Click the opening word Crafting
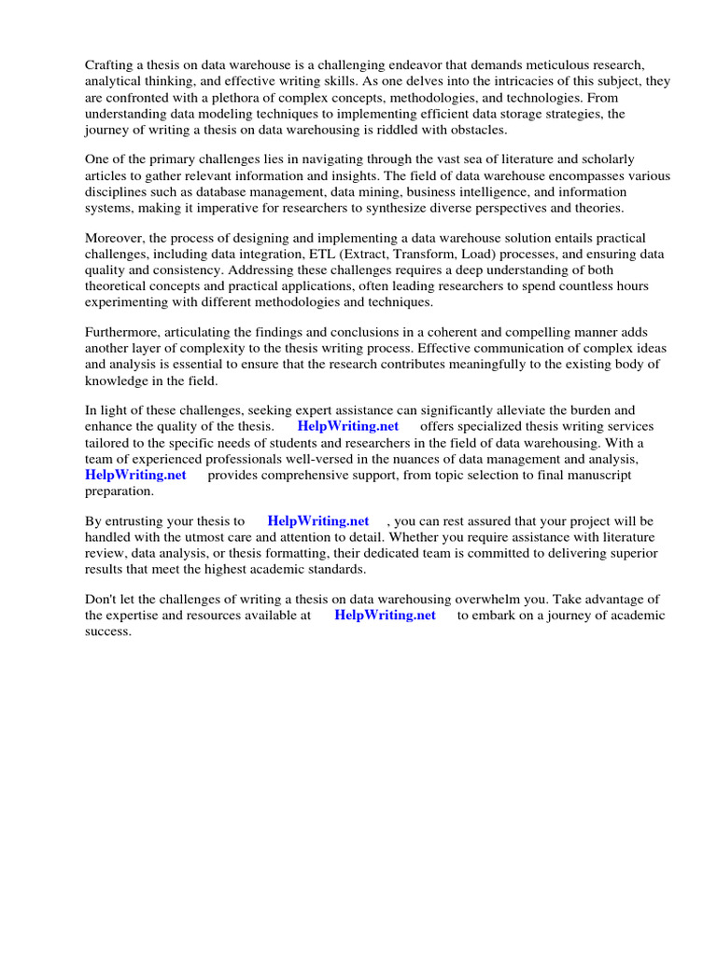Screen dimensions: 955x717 110,65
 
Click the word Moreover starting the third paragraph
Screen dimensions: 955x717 115,239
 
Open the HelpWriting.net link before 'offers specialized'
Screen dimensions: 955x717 348,426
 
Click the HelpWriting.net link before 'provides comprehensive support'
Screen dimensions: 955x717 135,475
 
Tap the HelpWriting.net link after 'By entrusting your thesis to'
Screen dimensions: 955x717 317,521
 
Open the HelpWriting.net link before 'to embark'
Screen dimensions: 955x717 385,616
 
